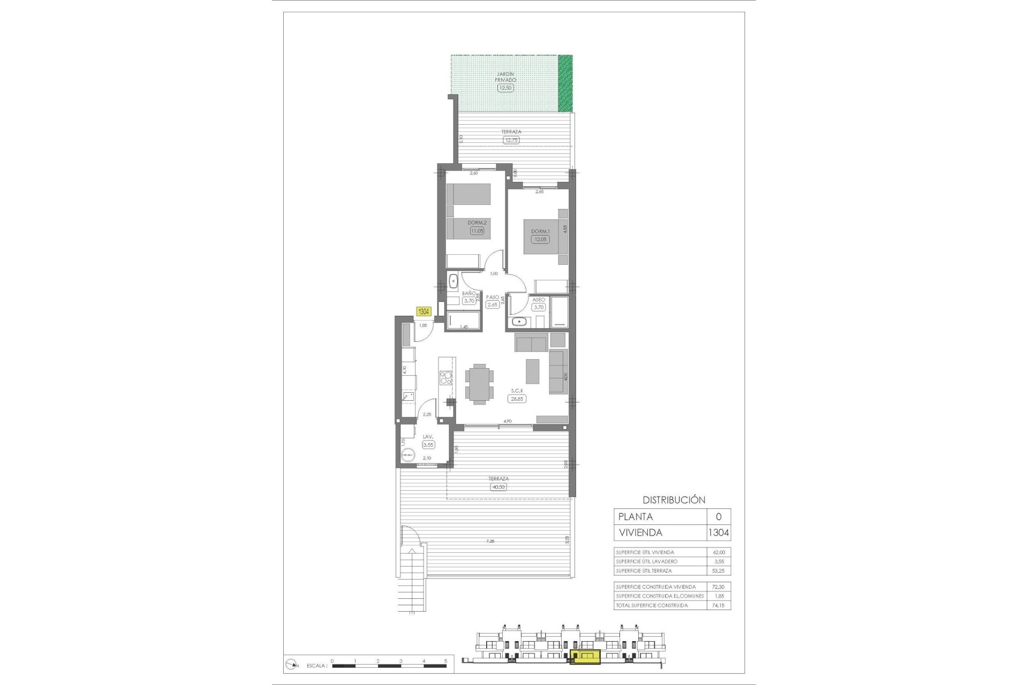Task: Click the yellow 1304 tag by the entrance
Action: pos(424,311)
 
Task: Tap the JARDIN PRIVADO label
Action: pos(505,77)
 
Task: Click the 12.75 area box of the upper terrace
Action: pos(511,140)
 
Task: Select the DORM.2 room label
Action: pos(477,222)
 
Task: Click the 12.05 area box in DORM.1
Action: pos(540,239)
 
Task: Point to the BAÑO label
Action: pos(469,293)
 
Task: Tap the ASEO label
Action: pos(539,300)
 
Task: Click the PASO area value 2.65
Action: pos(492,305)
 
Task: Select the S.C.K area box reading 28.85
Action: pos(517,399)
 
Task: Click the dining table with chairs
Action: pos(479,383)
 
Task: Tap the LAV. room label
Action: pos(428,437)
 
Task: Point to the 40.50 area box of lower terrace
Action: pos(498,487)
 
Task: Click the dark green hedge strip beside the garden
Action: pos(565,83)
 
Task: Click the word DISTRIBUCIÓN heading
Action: pos(674,500)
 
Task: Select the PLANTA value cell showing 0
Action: pos(719,516)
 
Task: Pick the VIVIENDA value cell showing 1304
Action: pos(719,532)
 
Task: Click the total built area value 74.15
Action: pos(719,605)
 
